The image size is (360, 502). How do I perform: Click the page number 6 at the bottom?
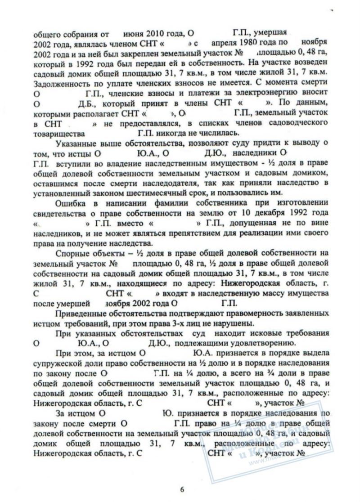coord(182,490)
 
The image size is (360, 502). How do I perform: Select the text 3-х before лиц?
coord(189,323)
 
